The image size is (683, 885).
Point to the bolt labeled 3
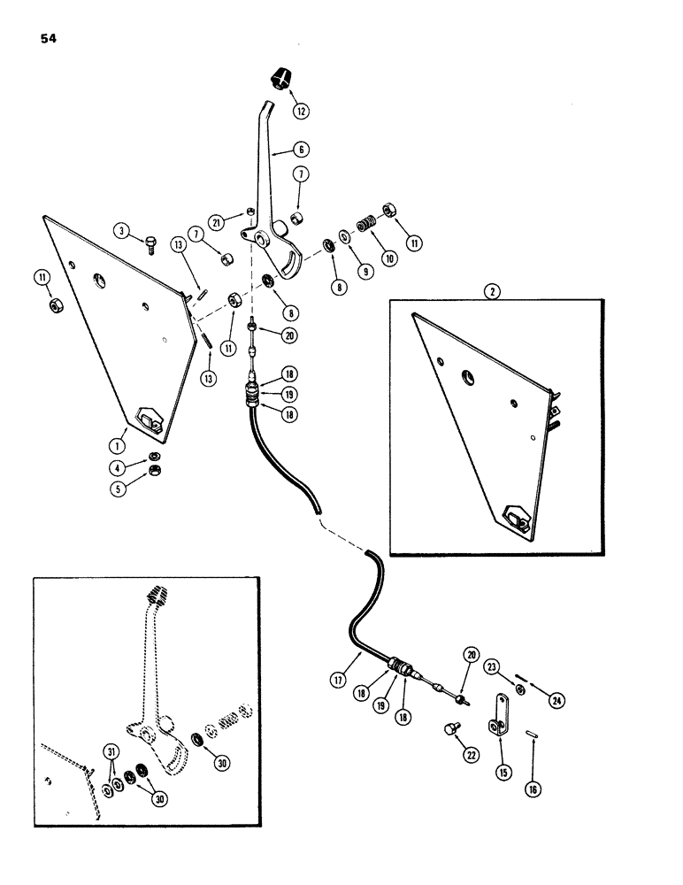tap(150, 236)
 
